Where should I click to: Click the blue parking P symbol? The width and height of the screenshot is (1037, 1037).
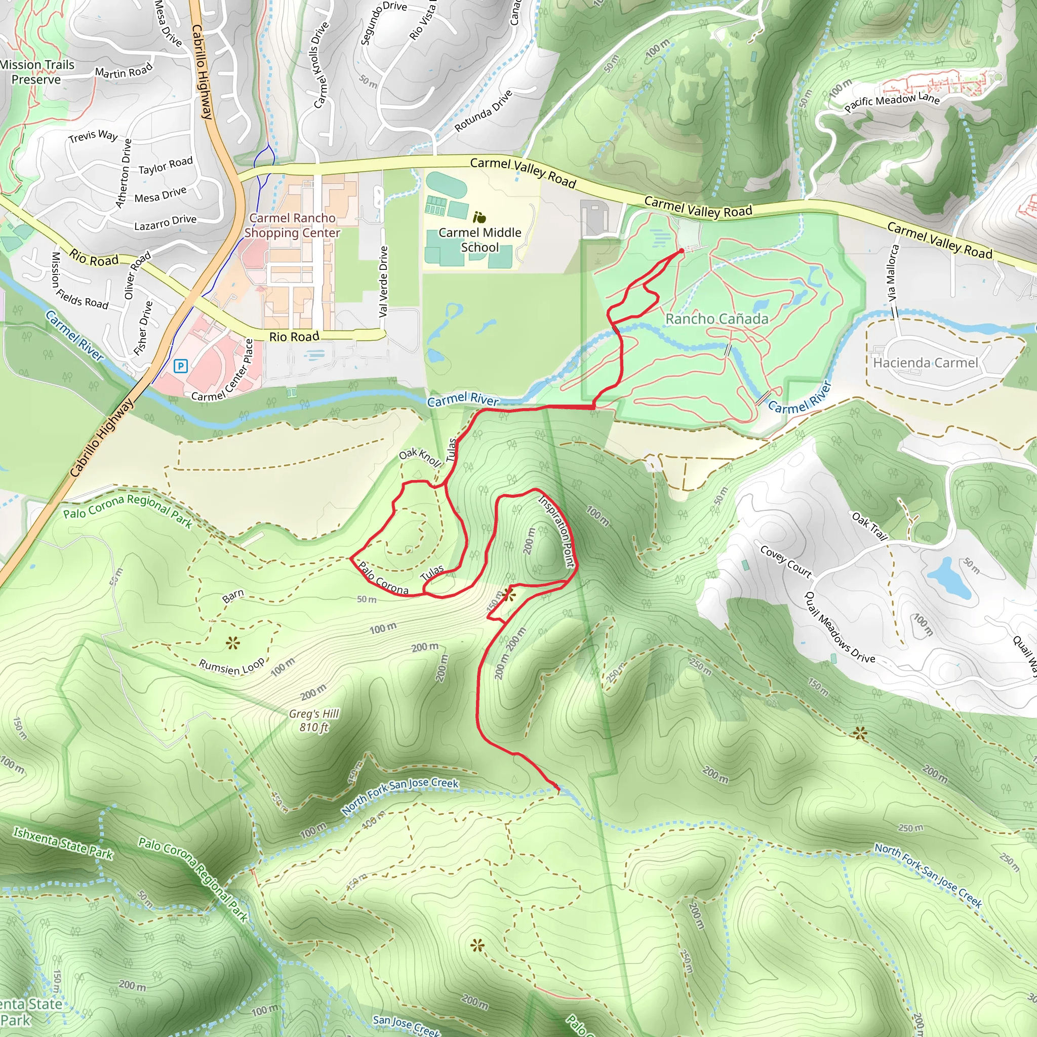[181, 366]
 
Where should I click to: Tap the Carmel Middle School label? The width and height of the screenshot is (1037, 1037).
[480, 240]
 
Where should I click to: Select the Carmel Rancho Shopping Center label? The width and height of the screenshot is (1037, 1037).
[292, 225]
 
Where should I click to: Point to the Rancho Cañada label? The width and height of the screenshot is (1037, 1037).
[716, 319]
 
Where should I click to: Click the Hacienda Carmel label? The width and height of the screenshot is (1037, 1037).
[926, 363]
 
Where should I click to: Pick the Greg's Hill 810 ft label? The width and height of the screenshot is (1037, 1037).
[313, 721]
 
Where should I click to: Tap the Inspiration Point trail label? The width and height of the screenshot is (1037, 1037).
[556, 531]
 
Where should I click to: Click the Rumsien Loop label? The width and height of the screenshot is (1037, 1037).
[231, 666]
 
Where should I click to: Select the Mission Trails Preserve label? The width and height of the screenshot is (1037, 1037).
[36, 72]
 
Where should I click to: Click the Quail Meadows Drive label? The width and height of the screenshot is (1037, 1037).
[840, 627]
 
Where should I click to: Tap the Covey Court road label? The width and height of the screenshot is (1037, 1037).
[786, 562]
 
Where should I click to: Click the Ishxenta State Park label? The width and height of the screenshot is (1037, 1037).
[63, 843]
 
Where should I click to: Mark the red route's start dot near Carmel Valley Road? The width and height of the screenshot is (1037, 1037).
[682, 251]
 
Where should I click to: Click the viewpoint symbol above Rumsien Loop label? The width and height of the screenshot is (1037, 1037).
[232, 643]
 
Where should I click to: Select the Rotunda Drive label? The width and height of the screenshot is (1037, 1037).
[483, 111]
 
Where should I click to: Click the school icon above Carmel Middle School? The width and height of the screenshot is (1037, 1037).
[480, 217]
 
